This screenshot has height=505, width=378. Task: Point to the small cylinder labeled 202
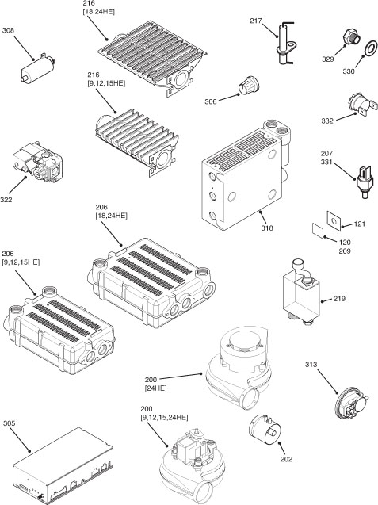point(265,430)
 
